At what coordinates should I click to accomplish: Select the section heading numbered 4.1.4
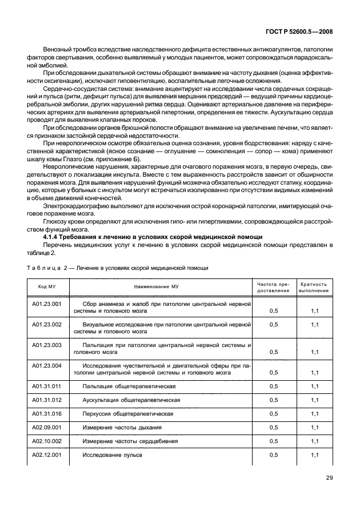[136, 236]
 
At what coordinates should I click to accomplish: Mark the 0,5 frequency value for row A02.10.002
[273, 441]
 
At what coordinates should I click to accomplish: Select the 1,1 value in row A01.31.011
[314, 386]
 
